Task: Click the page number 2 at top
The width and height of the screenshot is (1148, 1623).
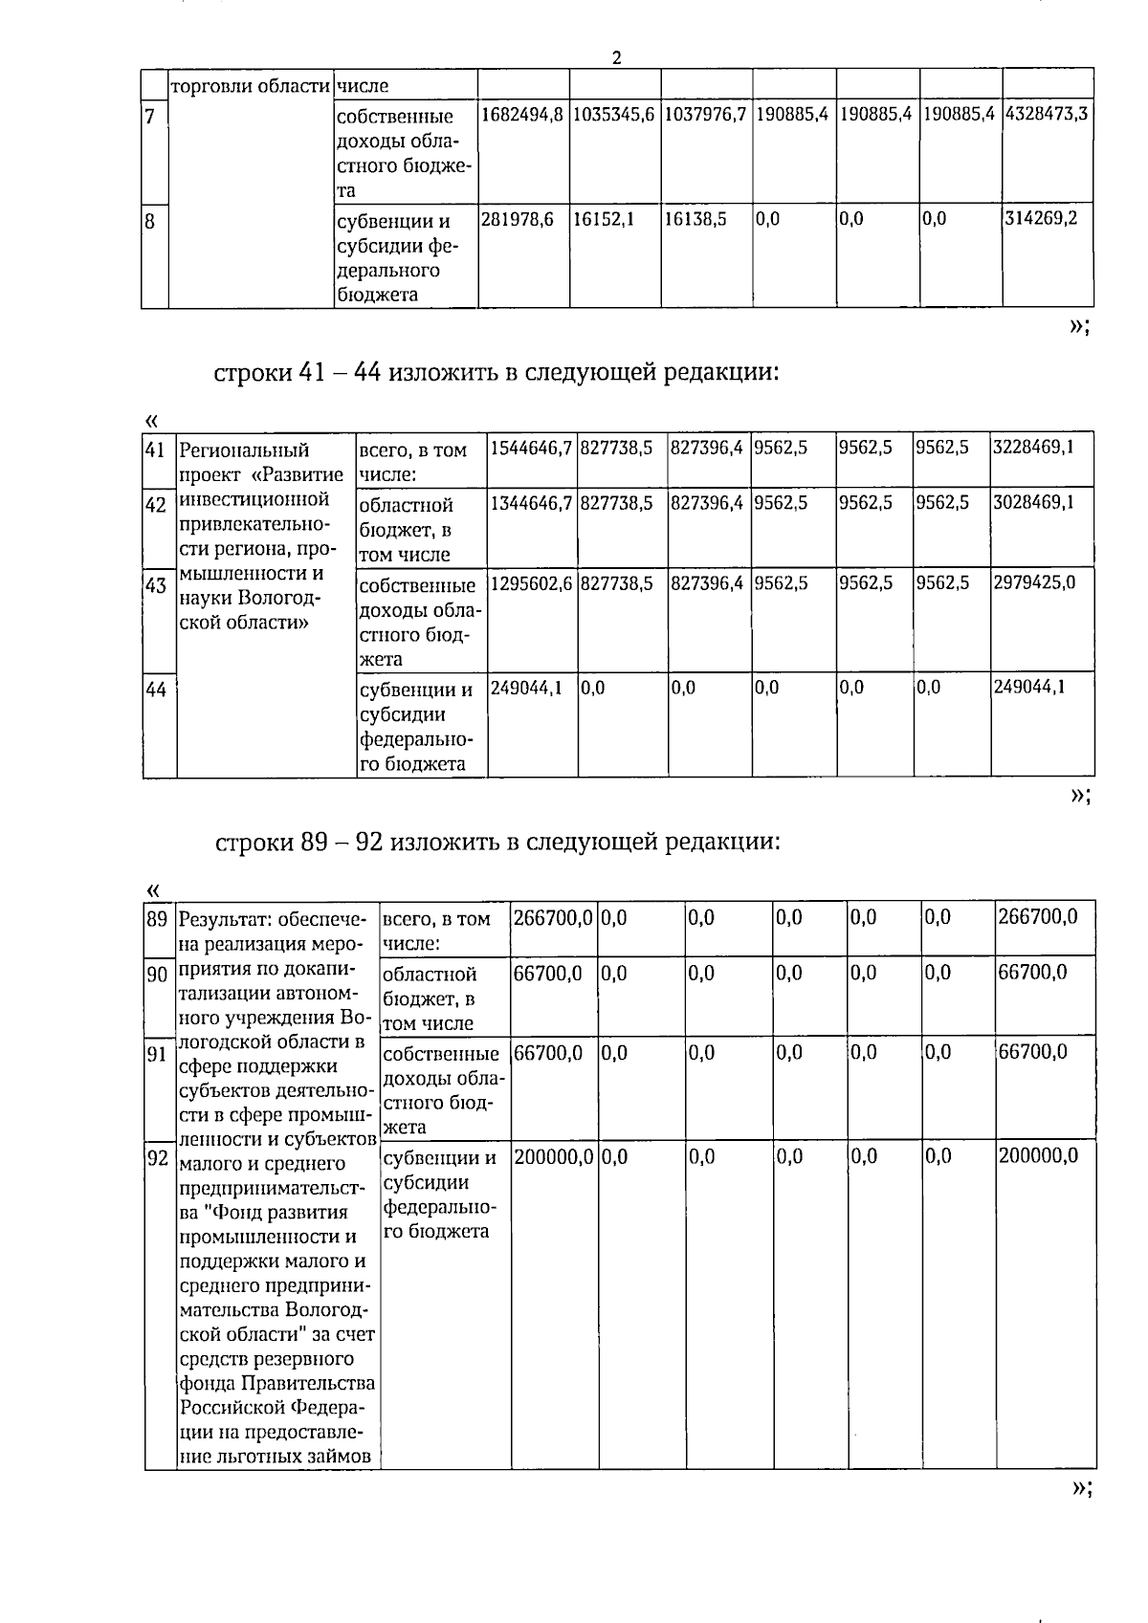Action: click(x=616, y=58)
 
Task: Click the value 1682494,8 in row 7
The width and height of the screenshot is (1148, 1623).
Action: click(x=522, y=115)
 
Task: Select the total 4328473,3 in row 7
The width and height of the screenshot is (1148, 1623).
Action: click(x=1047, y=115)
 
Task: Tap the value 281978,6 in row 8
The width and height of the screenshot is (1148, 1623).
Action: click(x=517, y=220)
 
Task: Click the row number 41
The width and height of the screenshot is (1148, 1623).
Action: click(x=156, y=450)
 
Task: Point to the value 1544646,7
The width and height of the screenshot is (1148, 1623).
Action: click(x=531, y=447)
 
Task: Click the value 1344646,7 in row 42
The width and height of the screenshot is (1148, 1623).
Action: click(x=531, y=502)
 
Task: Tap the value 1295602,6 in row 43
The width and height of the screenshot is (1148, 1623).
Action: click(x=531, y=582)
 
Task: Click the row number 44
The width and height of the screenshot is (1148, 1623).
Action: click(x=156, y=689)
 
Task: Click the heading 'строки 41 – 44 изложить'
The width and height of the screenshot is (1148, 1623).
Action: click(x=497, y=372)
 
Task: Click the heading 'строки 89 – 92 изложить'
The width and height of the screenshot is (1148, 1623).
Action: click(x=497, y=842)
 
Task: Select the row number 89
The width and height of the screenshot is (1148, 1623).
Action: click(x=157, y=919)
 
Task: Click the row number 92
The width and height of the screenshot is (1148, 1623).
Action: click(x=157, y=1158)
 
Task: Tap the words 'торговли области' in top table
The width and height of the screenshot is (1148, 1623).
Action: click(x=250, y=86)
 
